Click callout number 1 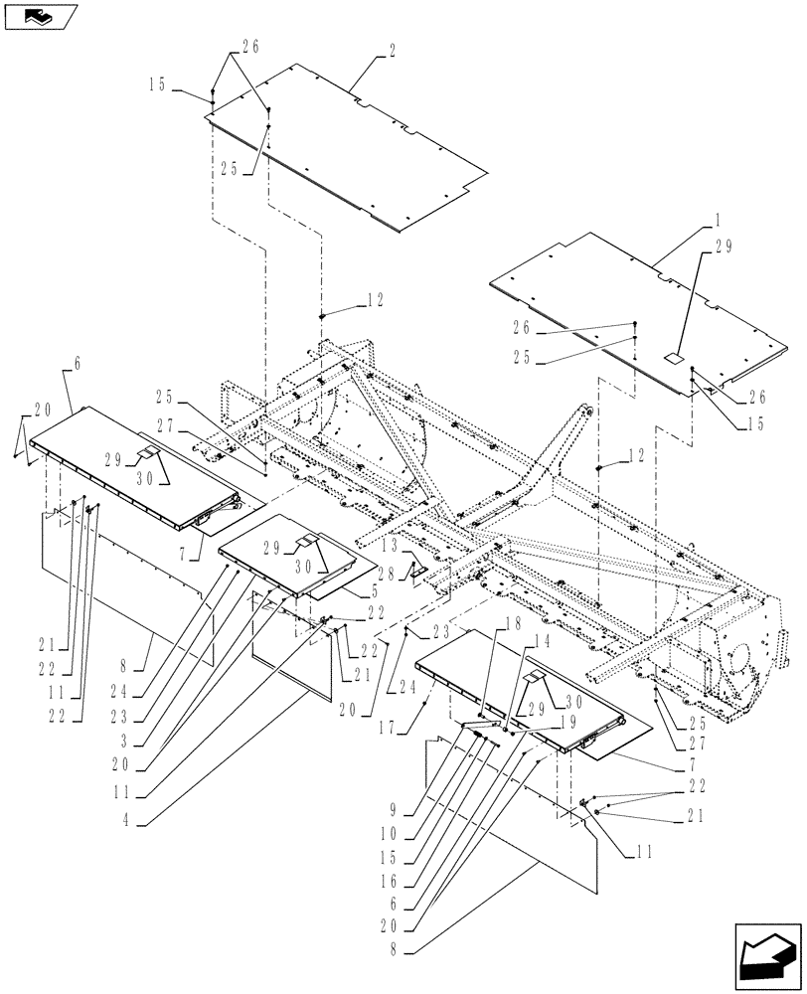point(719,216)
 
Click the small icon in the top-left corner point(39,16)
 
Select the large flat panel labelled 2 point(348,149)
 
